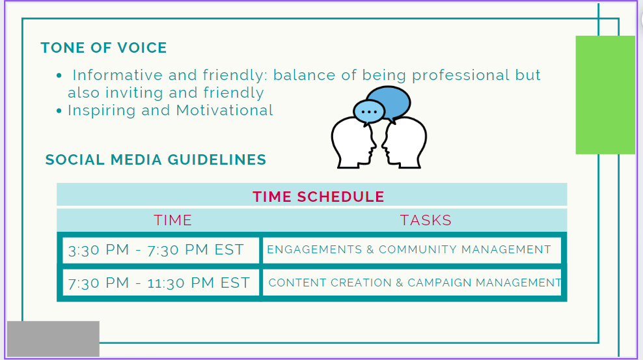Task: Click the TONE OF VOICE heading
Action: pyautogui.click(x=103, y=48)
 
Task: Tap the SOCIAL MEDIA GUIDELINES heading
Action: pyautogui.click(x=156, y=159)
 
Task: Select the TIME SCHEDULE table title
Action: pyautogui.click(x=318, y=197)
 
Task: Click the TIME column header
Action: pyautogui.click(x=172, y=220)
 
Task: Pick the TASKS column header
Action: pyautogui.click(x=426, y=220)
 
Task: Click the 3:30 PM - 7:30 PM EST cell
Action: pyautogui.click(x=161, y=250)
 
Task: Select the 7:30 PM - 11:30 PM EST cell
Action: pyautogui.click(x=161, y=283)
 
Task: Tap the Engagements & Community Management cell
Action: pyautogui.click(x=412, y=250)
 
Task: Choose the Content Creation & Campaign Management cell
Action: pyautogui.click(x=412, y=283)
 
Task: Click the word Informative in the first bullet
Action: pyautogui.click(x=118, y=75)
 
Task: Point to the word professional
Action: pyautogui.click(x=461, y=76)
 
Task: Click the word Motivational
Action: pyautogui.click(x=225, y=110)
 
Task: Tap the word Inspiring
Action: pyautogui.click(x=102, y=111)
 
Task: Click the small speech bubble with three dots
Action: pyautogui.click(x=368, y=111)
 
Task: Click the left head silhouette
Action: pyautogui.click(x=353, y=143)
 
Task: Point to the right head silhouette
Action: pyautogui.click(x=405, y=143)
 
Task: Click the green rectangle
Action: pyautogui.click(x=605, y=94)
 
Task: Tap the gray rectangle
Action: pyautogui.click(x=53, y=339)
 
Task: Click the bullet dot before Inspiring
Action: pyautogui.click(x=59, y=111)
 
